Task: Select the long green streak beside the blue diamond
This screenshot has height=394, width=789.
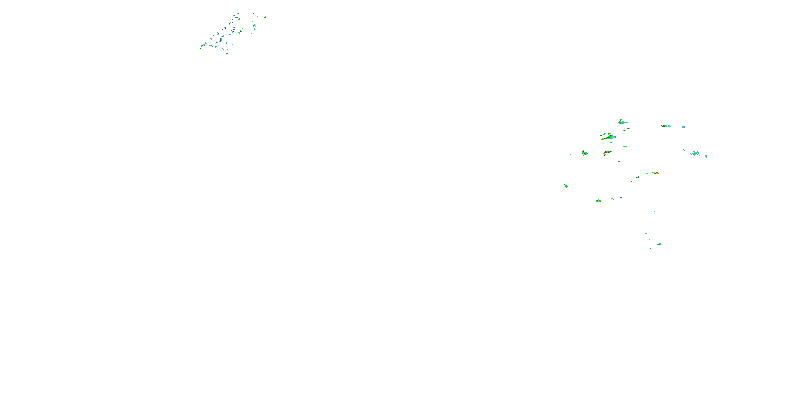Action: pyautogui.click(x=666, y=126)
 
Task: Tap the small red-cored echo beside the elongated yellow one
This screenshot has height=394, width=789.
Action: pyautogui.click(x=638, y=177)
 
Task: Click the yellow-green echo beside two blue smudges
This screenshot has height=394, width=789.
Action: pyautogui.click(x=598, y=201)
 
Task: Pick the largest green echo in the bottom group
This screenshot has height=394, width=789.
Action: pyautogui.click(x=659, y=244)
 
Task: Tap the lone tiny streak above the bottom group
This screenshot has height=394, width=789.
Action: pyautogui.click(x=654, y=211)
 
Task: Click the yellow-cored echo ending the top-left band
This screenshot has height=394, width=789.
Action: pyautogui.click(x=203, y=46)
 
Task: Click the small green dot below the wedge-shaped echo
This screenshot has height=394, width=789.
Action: pyautogui.click(x=619, y=161)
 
